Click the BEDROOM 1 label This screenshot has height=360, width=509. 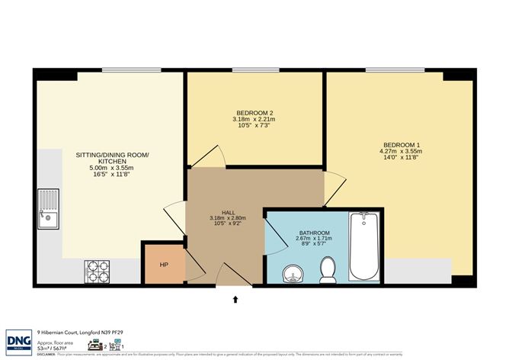coord(401,145)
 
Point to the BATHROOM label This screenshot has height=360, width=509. coord(314,233)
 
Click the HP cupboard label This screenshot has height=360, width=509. coord(163,265)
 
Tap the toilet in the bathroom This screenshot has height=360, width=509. coord(328,268)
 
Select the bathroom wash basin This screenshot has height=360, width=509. coord(291,272)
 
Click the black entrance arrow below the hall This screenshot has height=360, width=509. coord(235,301)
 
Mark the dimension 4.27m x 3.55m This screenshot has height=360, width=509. coord(401,152)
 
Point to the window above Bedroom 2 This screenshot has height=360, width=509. coord(254,71)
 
